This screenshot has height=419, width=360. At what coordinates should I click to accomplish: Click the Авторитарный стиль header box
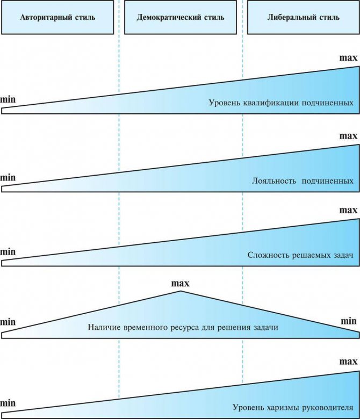(57, 17)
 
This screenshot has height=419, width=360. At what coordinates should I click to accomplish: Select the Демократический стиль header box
(181, 17)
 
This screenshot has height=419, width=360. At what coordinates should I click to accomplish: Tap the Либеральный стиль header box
(304, 17)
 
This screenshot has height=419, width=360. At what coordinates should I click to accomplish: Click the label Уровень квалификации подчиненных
(281, 103)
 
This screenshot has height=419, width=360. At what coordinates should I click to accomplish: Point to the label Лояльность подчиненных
(303, 181)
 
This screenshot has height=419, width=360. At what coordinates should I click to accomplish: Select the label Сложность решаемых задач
(300, 255)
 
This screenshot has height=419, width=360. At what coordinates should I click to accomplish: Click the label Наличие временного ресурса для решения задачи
(183, 327)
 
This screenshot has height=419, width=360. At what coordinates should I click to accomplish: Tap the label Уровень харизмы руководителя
(293, 408)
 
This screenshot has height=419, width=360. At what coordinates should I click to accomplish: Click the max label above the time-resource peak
(180, 283)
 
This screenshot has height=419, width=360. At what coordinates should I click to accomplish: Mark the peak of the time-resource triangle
(181, 291)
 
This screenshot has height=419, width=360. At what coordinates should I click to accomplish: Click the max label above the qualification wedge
(348, 57)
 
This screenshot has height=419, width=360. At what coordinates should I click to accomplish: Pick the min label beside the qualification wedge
(8, 99)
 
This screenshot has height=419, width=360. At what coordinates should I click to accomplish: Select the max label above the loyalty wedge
(348, 136)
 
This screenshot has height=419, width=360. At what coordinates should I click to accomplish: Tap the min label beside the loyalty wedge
(8, 177)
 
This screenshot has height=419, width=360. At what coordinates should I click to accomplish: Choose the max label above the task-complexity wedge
(348, 210)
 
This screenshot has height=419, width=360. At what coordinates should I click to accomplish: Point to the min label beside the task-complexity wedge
(8, 252)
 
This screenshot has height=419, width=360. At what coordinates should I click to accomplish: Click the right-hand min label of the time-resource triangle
(349, 321)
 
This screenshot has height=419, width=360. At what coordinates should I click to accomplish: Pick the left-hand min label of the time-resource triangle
(8, 322)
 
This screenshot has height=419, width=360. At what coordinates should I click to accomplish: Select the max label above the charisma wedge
(348, 362)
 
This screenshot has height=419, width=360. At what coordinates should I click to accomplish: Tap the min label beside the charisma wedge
(8, 403)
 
